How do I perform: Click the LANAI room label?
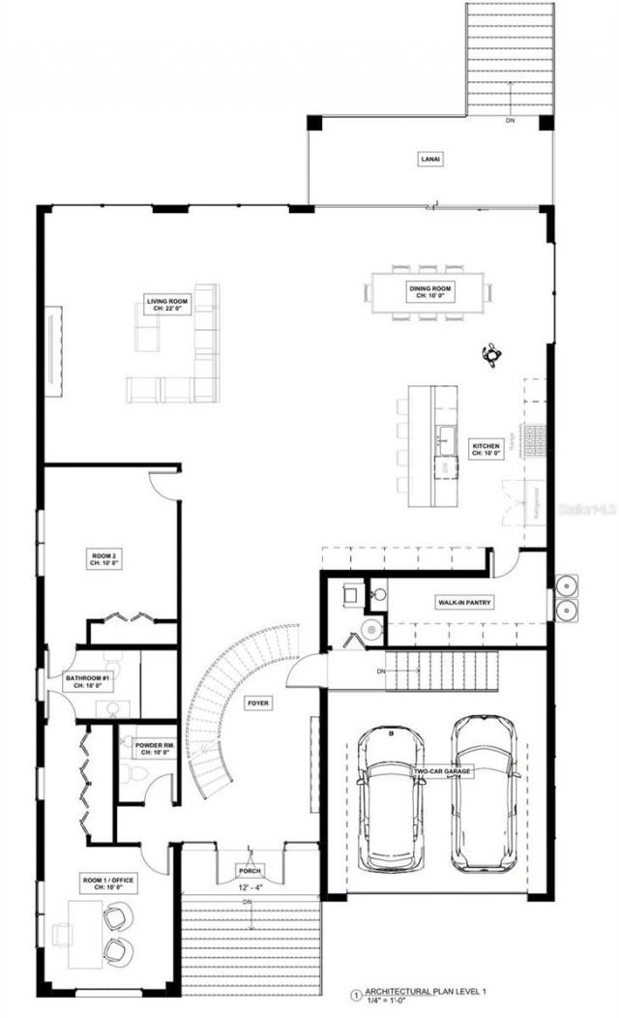click(430, 159)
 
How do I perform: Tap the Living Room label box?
click(166, 305)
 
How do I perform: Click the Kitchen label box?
click(486, 449)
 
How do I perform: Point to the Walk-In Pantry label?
click(464, 603)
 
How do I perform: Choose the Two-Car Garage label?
click(442, 771)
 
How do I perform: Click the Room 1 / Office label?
click(107, 882)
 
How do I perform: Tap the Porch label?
click(249, 870)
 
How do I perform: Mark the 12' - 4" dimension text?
click(249, 884)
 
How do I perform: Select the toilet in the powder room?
click(133, 775)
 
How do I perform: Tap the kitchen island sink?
click(447, 440)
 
